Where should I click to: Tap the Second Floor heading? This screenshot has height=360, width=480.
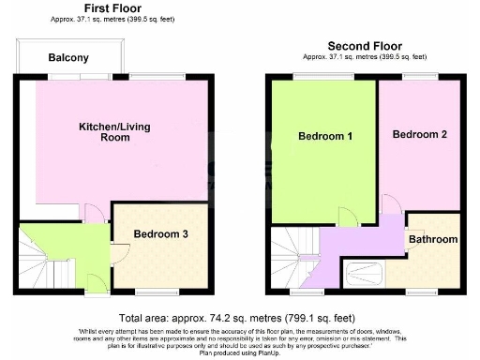[365, 45]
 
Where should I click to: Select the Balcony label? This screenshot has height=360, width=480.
[68, 58]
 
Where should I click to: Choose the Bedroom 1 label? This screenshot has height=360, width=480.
[325, 137]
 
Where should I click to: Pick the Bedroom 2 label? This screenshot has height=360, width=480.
[419, 135]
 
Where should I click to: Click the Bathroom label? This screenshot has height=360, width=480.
[432, 240]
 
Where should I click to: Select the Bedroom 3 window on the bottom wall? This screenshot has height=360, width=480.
[156, 292]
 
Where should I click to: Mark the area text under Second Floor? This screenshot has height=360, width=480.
[365, 55]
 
